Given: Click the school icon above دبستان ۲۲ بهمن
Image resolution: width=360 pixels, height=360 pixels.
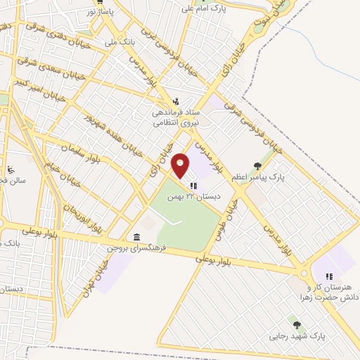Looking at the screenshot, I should pos(193,186).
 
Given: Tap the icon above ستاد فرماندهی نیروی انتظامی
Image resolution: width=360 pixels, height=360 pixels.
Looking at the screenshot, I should pos(176,101).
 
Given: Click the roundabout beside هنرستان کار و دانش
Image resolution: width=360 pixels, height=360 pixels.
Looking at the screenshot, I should pos(306,273).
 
